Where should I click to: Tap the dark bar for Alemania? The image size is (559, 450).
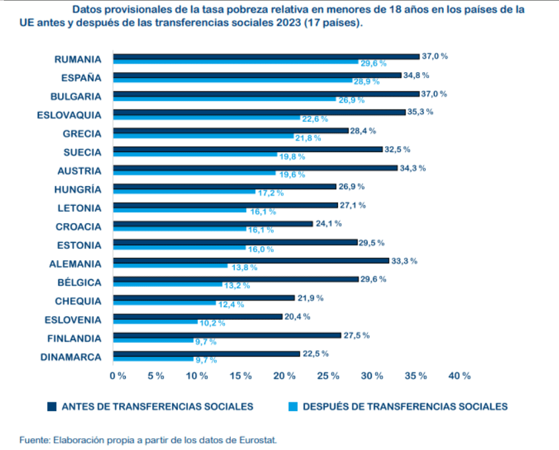pos(251,261)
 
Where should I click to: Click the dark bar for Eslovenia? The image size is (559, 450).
pos(198,316)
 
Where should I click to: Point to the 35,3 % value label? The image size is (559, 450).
pos(421,112)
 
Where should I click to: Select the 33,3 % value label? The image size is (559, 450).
pos(405,261)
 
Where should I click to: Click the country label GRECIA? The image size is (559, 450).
pos(82,133)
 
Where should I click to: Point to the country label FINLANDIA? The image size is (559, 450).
pos(73,338)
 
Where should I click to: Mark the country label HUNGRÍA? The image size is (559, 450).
pos(78,189)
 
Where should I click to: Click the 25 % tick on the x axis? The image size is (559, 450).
pos(329,376)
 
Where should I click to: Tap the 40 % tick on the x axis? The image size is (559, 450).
pos(458,376)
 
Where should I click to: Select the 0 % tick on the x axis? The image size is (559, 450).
pos(117,376)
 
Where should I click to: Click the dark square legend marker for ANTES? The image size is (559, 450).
pos(52,406)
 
